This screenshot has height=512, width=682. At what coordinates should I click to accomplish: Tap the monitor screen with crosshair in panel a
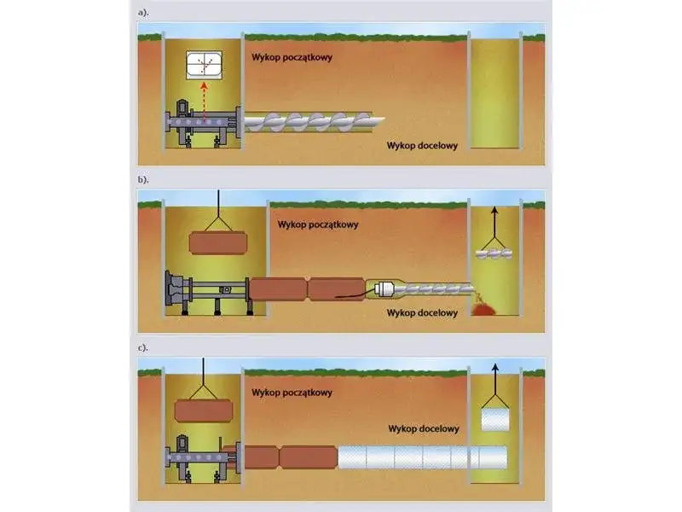pyautogui.click(x=204, y=65)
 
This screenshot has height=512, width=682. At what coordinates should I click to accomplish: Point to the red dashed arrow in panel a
pyautogui.click(x=204, y=101)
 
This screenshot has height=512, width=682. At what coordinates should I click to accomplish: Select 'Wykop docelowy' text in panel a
pyautogui.click(x=422, y=145)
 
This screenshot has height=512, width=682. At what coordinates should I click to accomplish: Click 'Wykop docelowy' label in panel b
pyautogui.click(x=422, y=312)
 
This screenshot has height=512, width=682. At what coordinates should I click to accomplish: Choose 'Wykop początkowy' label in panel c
pyautogui.click(x=292, y=393)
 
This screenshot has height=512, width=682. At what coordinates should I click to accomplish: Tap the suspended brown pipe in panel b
pyautogui.click(x=219, y=242)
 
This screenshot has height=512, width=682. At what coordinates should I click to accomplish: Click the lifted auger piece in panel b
pyautogui.click(x=495, y=253)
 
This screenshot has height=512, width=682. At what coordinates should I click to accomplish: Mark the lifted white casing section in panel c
pyautogui.click(x=494, y=420)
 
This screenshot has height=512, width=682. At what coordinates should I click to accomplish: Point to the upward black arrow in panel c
pyautogui.click(x=495, y=375)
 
